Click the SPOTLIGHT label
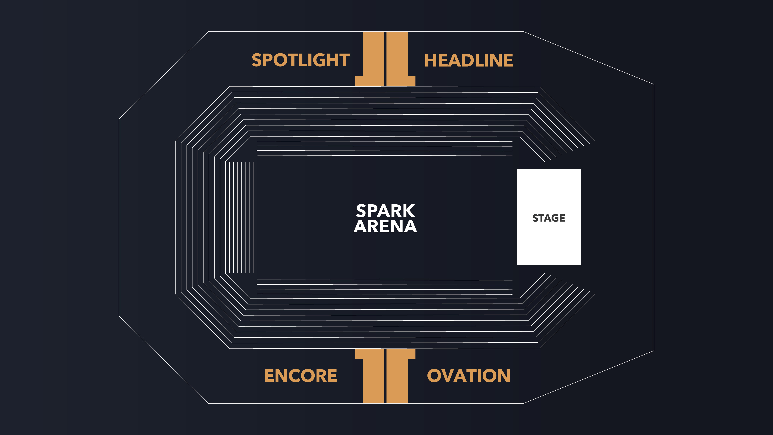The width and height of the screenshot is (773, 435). point(300,60)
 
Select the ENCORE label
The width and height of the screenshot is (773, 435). point(300,376)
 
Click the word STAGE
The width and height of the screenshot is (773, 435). point(549,218)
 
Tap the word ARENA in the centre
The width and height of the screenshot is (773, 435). point(385,226)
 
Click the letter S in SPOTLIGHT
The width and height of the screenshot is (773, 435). point(257,60)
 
